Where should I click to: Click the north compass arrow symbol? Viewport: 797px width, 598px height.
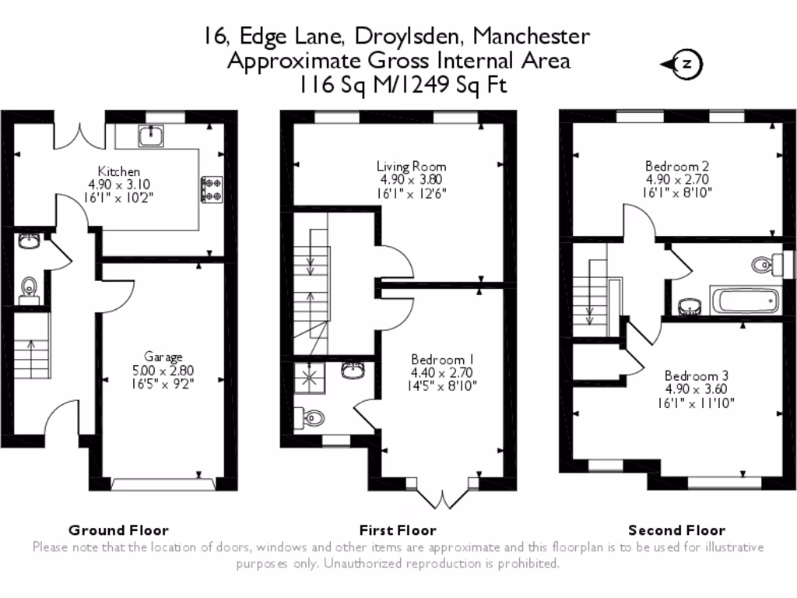pos(683,65)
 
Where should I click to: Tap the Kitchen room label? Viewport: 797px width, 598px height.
pos(119,171)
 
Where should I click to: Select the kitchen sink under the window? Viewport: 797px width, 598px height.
pos(149,136)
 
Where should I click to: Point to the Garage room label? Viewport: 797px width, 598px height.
pos(163,357)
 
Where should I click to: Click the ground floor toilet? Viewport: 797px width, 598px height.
pos(29,288)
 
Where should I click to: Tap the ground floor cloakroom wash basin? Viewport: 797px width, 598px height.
pos(29,241)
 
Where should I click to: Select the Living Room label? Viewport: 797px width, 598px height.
pos(411,166)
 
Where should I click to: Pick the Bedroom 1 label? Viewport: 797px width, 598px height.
pos(442,359)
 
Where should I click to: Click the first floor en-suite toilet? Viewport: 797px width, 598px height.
pos(312,417)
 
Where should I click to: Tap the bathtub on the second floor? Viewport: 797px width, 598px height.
pos(743,300)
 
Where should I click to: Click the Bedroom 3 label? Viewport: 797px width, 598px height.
pos(696,375)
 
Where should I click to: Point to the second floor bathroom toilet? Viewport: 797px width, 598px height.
pos(766,266)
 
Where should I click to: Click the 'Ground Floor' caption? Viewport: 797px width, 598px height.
pos(118,530)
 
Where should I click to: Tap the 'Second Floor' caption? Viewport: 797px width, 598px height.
pos(676,530)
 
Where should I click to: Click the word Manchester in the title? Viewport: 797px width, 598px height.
pos(531,36)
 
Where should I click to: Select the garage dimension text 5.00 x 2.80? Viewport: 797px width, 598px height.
pos(163,370)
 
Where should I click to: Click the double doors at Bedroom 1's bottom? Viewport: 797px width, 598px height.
pos(442,498)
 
